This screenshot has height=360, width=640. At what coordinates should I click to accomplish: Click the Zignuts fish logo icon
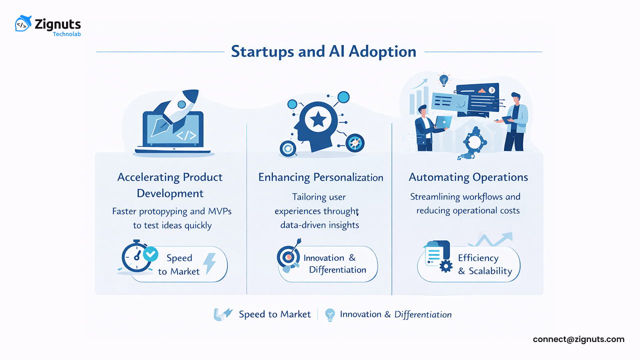pos(23,23)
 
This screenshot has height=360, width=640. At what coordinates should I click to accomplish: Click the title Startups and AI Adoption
pos(323,51)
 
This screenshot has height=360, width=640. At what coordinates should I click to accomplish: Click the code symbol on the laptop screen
pos(186,135)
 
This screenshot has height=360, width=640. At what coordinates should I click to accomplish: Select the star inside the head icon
pos(319,119)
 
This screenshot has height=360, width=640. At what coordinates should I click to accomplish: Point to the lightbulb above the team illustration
pos(443,79)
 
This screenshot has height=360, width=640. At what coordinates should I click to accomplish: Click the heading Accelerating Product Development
pos(170,185)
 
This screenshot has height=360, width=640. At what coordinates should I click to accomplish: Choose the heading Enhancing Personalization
pos(320,177)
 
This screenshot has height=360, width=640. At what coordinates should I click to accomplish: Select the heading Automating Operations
pos(468,177)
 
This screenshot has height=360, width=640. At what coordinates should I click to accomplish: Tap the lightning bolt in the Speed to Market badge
pos(208,263)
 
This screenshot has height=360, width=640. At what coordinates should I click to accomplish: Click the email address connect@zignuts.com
pos(578,339)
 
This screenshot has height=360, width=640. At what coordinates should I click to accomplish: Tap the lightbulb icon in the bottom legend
pos(329,314)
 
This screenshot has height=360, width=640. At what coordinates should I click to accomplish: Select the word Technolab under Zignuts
pos(66,34)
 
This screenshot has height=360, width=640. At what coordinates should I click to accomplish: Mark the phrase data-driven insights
pos(319,225)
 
